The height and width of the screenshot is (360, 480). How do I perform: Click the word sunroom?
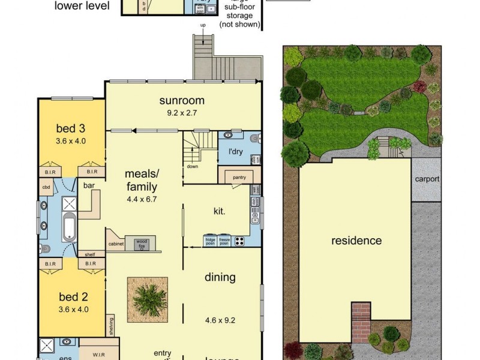(182, 100)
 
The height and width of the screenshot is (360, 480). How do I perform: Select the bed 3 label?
(70, 128)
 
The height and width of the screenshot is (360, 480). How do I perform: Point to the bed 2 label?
(72, 296)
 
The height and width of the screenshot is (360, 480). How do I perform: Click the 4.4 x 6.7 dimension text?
(141, 199)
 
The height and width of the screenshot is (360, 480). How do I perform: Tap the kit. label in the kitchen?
(220, 211)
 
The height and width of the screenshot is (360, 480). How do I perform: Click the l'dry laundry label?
(235, 151)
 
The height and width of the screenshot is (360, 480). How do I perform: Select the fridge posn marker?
(210, 241)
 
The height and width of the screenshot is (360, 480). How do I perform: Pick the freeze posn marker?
(224, 241)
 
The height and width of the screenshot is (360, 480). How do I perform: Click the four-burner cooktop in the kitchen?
(239, 241)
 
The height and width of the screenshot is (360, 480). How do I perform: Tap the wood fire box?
(142, 242)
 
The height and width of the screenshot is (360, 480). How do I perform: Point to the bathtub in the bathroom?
(69, 228)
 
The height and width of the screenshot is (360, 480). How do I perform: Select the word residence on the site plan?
(356, 241)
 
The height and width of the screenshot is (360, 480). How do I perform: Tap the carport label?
(427, 179)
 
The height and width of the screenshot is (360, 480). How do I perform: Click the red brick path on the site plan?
(361, 322)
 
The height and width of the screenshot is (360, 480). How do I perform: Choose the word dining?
(220, 277)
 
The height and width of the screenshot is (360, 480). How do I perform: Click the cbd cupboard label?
(46, 187)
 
